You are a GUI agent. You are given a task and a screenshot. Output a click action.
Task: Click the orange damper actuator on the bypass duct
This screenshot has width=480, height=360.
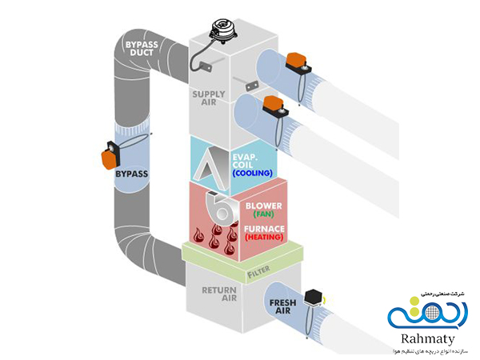click(109, 155)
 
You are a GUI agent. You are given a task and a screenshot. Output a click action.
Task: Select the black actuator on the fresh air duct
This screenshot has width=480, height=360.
click(313, 297)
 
